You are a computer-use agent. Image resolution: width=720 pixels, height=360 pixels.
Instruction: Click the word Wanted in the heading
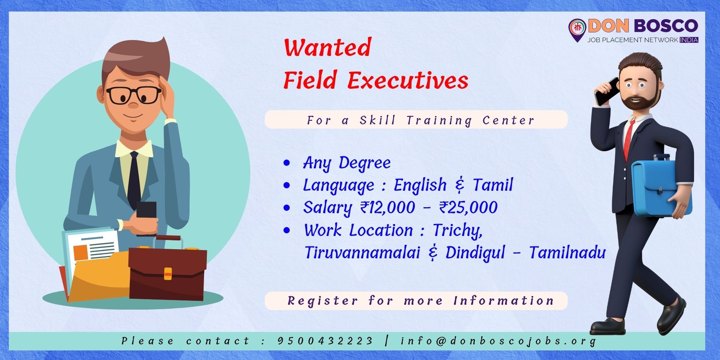click(328, 47)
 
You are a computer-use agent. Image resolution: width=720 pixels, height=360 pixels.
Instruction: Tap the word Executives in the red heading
click(408, 80)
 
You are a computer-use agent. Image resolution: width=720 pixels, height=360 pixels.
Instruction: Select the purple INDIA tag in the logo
click(689, 40)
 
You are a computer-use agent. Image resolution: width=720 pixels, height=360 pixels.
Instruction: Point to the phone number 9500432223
click(325, 341)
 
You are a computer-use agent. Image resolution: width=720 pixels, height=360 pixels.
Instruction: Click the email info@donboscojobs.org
click(498, 341)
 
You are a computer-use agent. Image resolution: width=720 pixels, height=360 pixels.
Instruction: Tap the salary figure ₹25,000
click(468, 208)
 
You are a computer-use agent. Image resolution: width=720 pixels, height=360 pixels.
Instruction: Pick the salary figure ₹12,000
click(388, 208)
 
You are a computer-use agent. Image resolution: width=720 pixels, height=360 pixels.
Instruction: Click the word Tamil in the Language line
click(493, 185)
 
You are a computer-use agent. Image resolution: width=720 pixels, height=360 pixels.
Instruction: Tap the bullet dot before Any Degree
click(286, 163)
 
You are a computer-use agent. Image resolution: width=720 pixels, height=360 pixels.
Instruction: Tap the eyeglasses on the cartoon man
click(134, 95)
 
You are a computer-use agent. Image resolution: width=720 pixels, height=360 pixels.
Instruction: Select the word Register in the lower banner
click(322, 301)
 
